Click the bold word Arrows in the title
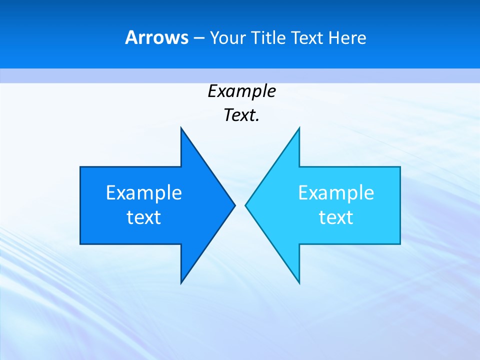[156, 38]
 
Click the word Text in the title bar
[308, 38]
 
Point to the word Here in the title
[347, 38]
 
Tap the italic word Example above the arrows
[241, 91]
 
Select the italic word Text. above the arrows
[241, 115]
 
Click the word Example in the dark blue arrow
[144, 192]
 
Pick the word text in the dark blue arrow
[144, 217]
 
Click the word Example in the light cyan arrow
[336, 192]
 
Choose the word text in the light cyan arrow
[336, 217]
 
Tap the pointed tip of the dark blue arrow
[234, 205]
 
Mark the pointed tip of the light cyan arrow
[246, 205]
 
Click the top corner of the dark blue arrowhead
[181, 128]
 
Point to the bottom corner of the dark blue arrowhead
[181, 282]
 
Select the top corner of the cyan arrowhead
[299, 128]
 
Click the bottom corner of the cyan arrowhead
[299, 282]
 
